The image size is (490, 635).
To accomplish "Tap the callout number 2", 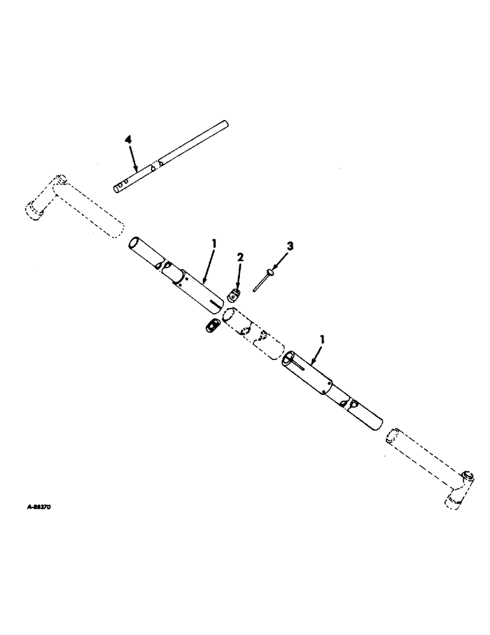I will pyautogui.click(x=241, y=257).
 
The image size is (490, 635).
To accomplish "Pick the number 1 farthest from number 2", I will pyautogui.click(x=323, y=340).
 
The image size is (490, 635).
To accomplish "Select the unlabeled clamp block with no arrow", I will pyautogui.click(x=211, y=324).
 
